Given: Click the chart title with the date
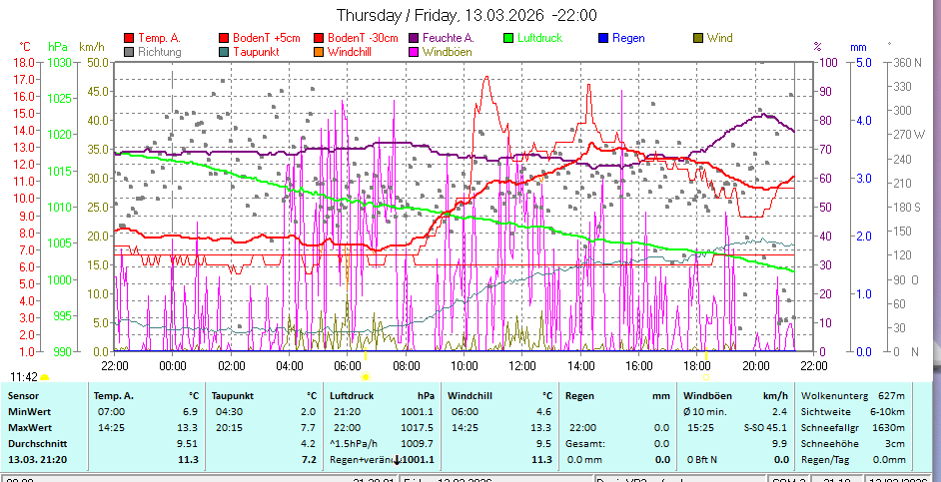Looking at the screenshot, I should pyautogui.click(x=467, y=15).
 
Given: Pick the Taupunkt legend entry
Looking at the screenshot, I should pyautogui.click(x=261, y=51).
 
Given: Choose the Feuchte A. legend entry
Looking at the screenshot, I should pyautogui.click(x=448, y=38).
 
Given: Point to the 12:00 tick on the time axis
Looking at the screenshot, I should pyautogui.click(x=522, y=364).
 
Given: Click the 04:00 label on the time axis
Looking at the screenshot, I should pyautogui.click(x=290, y=364).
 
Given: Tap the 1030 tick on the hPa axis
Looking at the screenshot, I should pyautogui.click(x=59, y=62).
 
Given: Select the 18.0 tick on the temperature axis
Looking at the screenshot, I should pyautogui.click(x=25, y=62).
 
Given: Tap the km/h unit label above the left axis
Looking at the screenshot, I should pyautogui.click(x=91, y=46).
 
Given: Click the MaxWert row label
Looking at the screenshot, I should pyautogui.click(x=29, y=427).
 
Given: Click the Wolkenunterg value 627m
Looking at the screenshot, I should pyautogui.click(x=891, y=395).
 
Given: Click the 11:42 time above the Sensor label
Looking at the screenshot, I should pyautogui.click(x=24, y=376).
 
